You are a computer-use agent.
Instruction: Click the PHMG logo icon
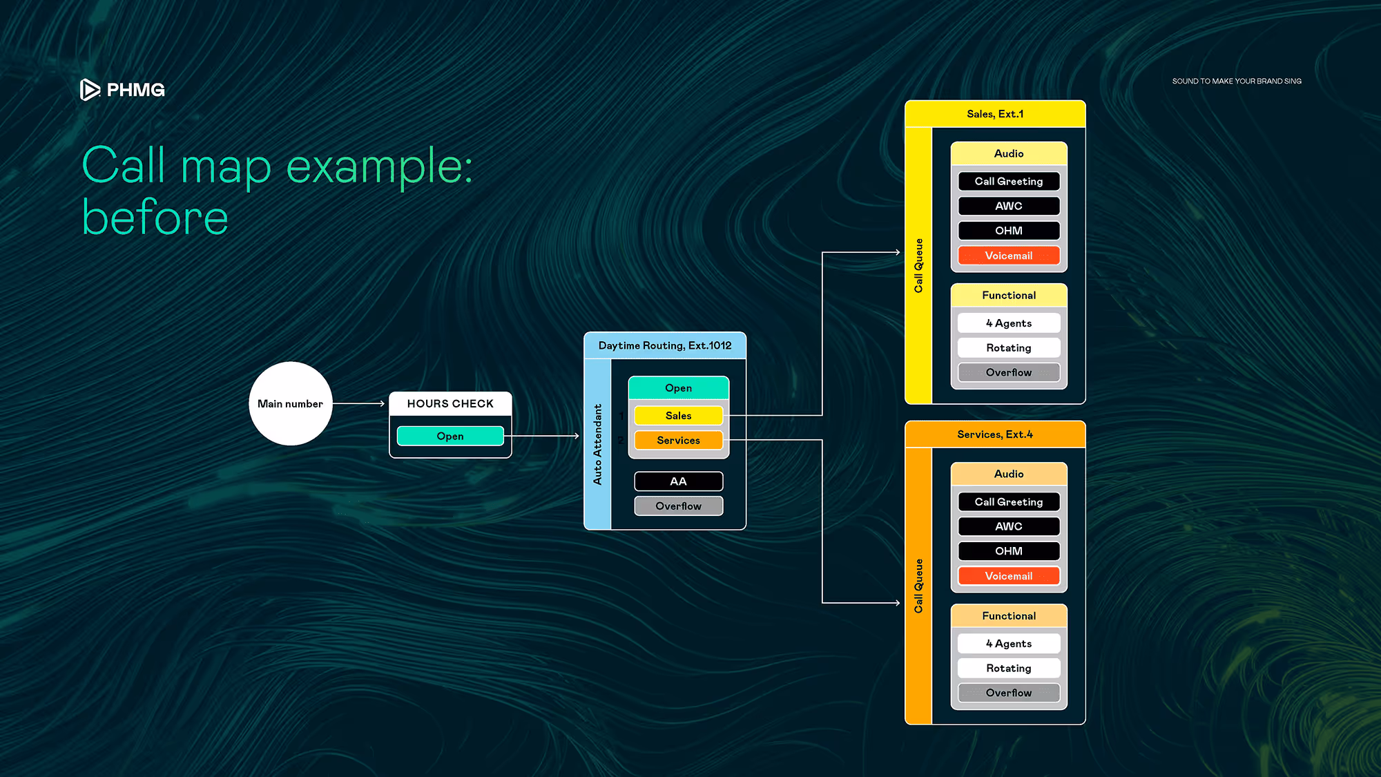click(90, 90)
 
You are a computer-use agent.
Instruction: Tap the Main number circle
click(290, 403)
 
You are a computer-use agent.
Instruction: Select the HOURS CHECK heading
click(450, 403)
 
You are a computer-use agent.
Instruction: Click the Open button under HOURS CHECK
click(450, 436)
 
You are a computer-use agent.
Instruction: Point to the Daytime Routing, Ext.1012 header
click(664, 345)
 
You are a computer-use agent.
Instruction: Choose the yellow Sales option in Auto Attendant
click(678, 416)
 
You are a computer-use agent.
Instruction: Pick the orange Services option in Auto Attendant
click(678, 440)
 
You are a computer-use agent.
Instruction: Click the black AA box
click(678, 481)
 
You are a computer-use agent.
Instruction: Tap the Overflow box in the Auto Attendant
click(678, 506)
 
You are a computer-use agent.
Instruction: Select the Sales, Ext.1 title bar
click(995, 114)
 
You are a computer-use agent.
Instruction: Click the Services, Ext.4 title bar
click(995, 434)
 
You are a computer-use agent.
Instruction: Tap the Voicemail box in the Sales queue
click(1009, 256)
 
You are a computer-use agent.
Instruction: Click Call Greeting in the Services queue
click(1009, 502)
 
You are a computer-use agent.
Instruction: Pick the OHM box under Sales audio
click(1009, 231)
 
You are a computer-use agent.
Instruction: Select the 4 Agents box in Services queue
click(1009, 644)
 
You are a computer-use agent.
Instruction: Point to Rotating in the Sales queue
click(1009, 348)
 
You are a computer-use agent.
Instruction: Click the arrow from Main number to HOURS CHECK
click(359, 403)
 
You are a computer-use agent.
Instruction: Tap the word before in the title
click(155, 218)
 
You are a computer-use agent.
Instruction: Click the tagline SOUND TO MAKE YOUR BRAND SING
click(1237, 81)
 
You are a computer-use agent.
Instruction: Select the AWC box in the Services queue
click(1009, 526)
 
